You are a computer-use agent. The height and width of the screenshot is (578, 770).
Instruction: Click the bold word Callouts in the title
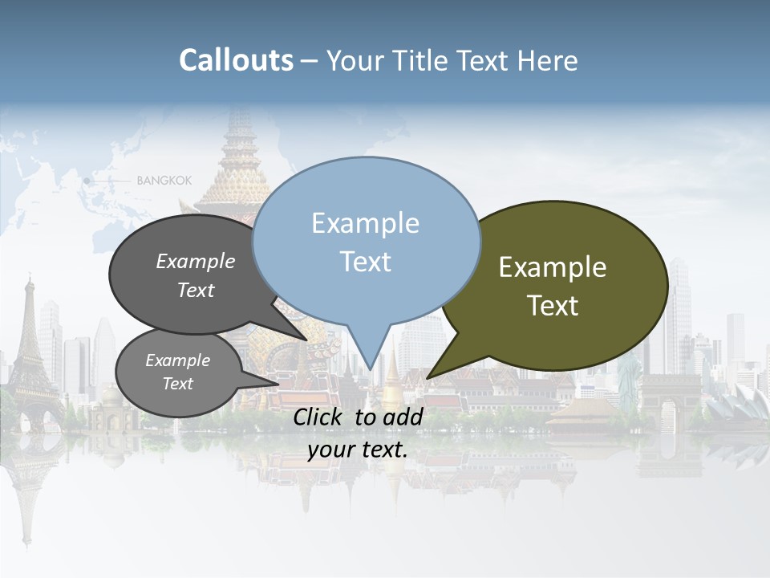coord(236,60)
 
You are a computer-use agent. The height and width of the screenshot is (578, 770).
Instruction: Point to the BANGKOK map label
coord(164,181)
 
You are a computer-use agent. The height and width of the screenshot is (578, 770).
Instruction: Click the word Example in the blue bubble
coord(365,223)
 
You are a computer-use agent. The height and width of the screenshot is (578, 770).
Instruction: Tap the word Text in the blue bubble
coord(365,262)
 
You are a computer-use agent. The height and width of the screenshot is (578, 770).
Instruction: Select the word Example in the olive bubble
coord(553,267)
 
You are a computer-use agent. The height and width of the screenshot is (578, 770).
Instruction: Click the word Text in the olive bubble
coord(553,306)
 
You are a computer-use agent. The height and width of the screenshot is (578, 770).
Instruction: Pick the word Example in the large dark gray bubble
coord(195,262)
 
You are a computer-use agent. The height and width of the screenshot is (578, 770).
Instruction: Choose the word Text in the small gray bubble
coord(178,384)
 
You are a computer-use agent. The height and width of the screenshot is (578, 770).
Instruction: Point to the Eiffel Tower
coord(30,345)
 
